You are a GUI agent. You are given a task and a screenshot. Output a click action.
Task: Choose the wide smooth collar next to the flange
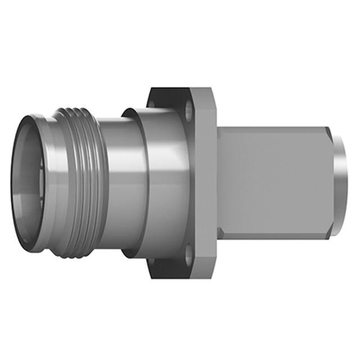coord(160,180)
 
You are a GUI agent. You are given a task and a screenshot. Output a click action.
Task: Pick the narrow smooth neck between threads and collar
coord(115,180)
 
